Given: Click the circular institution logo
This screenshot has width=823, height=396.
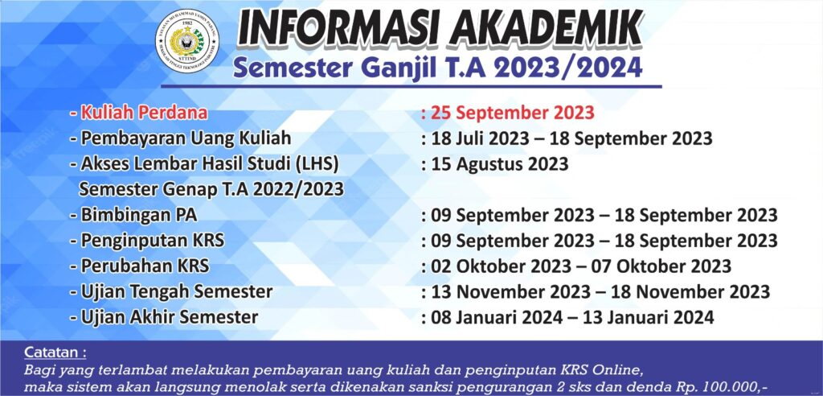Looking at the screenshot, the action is point(186,40).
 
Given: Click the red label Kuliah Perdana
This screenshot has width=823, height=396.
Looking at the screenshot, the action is point(145,113).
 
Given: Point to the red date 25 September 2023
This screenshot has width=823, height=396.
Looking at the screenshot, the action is point(513,113).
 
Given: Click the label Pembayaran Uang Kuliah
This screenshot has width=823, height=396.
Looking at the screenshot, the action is point(186,138).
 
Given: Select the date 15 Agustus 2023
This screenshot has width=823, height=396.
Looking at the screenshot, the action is point(500,164).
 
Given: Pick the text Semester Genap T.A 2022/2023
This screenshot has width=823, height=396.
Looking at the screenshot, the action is point(211,189).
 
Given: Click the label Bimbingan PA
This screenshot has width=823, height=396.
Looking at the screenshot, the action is point(138,215).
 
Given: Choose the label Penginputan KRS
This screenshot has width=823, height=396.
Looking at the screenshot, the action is point(152,241).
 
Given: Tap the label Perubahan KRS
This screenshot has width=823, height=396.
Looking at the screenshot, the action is point(145,266).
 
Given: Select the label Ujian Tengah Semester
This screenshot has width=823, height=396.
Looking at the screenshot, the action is point(176,291).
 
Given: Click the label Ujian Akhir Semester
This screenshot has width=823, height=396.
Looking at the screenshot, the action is point(169,317).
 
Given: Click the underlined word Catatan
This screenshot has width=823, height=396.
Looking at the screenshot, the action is point(55,353).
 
